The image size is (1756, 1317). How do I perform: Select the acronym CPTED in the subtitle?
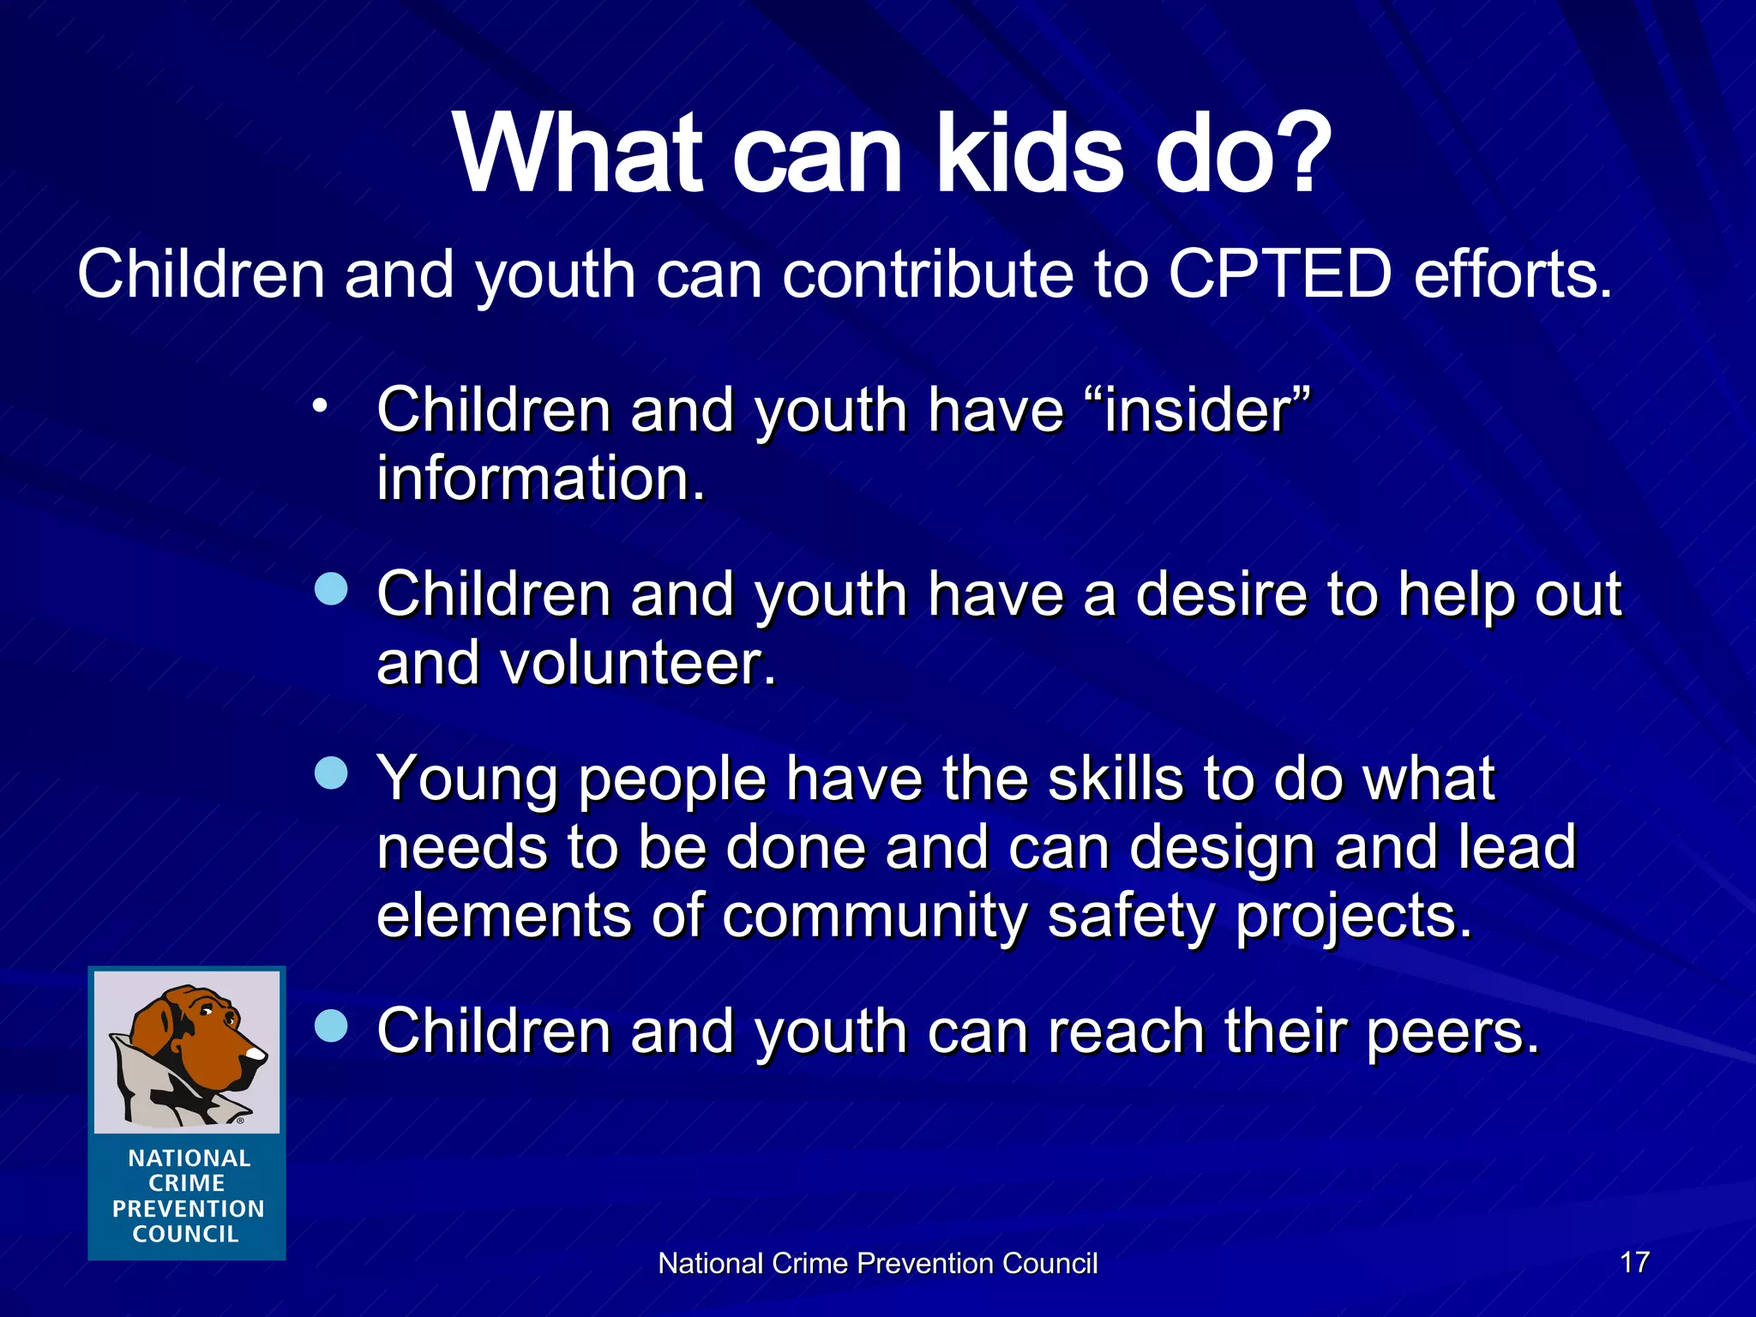(1278, 274)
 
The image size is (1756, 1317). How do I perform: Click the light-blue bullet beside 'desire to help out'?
(331, 590)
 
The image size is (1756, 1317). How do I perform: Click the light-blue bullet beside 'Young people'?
(331, 773)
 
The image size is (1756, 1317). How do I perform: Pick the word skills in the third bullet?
(1114, 779)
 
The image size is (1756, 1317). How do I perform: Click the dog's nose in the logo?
(256, 1052)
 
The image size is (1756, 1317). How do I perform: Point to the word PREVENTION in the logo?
(188, 1208)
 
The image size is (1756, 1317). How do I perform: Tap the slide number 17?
(1634, 1261)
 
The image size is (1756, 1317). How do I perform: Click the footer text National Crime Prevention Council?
(877, 1263)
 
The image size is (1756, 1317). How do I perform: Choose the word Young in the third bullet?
(467, 779)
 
